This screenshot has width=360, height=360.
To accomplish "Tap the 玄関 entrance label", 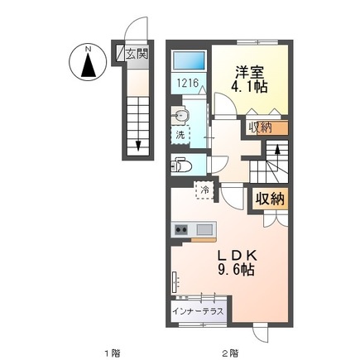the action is point(137,54).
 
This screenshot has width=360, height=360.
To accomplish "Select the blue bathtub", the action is point(189,60).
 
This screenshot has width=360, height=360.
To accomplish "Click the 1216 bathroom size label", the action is point(188,83).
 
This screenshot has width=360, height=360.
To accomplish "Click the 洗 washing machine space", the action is point(180,135).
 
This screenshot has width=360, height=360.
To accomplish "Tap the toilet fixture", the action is point(181,166).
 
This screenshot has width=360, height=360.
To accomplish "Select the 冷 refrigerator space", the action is point(204,190).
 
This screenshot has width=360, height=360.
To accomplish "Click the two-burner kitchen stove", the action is point(180,229).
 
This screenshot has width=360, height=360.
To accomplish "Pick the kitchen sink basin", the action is point(204,229).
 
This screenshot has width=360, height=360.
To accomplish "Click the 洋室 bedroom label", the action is point(250,73).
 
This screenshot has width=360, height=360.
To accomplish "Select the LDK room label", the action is point(238,256).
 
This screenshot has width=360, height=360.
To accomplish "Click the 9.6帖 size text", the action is point(236,269).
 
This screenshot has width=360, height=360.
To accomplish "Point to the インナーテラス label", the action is point(198,312).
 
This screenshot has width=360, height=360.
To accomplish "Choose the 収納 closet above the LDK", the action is point(270,198).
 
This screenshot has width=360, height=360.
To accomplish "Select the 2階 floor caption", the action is point(230,353).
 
